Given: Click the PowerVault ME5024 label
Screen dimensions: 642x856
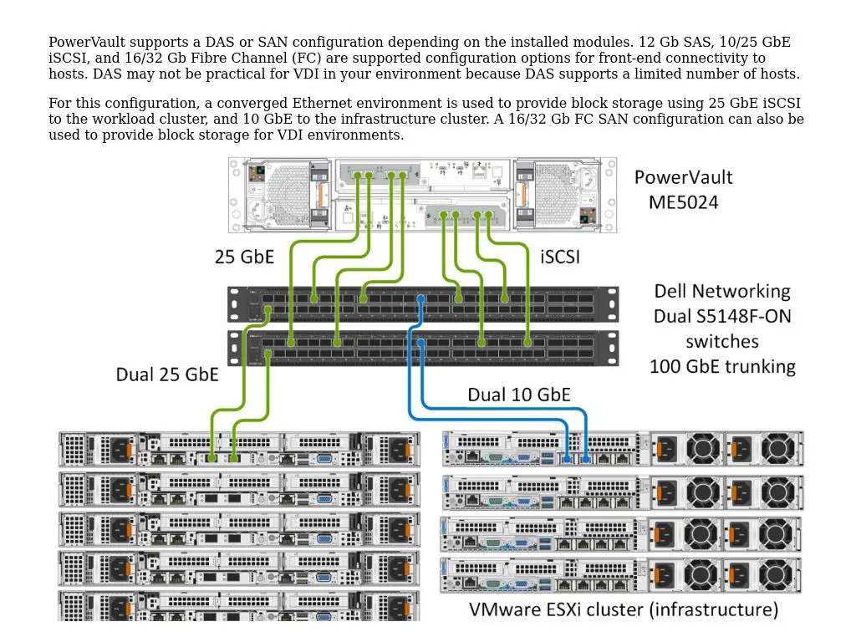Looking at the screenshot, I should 683,190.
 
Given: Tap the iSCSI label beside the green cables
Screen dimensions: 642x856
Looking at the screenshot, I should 560,257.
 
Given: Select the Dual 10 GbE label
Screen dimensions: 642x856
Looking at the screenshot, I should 518,395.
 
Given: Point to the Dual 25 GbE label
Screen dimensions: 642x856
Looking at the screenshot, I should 167,374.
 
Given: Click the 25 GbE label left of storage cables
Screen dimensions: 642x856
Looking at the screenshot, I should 244,257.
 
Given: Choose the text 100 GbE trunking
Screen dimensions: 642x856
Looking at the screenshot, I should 722,366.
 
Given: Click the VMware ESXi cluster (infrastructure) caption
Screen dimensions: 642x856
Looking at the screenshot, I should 623,609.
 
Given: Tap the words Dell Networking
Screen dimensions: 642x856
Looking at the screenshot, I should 722,291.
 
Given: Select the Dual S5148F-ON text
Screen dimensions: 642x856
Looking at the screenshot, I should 722,316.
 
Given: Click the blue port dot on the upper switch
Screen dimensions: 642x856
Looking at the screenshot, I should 420,298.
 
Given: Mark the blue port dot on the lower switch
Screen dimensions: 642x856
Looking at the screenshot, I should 420,343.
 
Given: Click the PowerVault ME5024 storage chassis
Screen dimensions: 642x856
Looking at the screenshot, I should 422,195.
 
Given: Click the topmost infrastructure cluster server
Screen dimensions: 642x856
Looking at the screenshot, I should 623,449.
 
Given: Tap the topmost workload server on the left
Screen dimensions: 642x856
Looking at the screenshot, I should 239,449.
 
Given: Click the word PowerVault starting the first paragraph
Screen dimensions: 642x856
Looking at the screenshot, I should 87,43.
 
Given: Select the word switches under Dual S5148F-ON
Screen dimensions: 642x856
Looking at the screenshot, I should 722,341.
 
